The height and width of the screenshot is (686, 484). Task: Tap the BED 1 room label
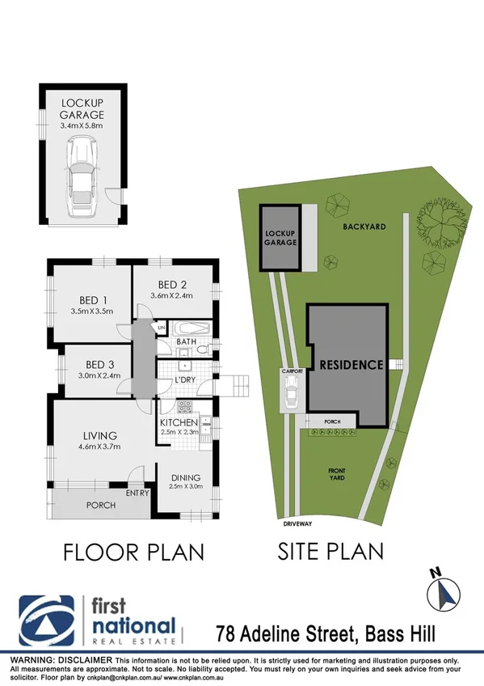[x=90, y=297]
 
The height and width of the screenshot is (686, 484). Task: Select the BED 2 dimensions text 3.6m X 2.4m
[x=172, y=295]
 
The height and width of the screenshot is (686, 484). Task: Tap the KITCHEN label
[x=179, y=423]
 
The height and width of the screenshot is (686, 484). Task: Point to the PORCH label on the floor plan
[x=101, y=506]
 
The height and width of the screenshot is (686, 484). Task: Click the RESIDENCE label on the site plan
[x=351, y=365]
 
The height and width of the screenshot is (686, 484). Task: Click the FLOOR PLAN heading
[x=133, y=552]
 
